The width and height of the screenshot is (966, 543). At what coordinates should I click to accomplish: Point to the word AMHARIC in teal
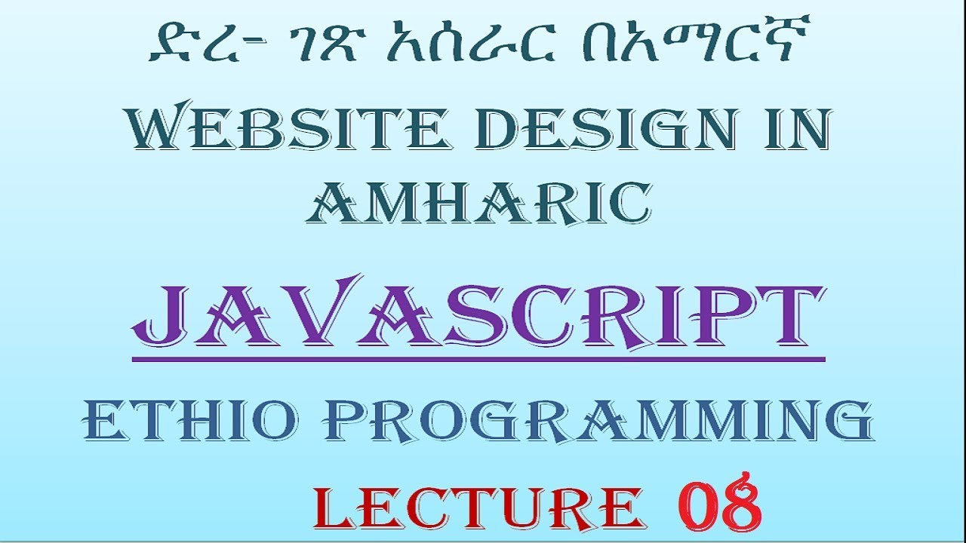click(x=478, y=201)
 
